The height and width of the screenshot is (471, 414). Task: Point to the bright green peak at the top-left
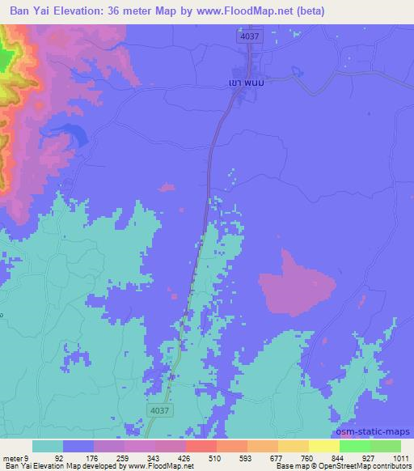(5, 57)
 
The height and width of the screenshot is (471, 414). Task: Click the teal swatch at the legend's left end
(48, 446)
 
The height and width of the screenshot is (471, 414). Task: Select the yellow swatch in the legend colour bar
(323, 446)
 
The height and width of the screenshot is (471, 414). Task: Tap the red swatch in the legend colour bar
(201, 446)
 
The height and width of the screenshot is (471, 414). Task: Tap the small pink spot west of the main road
(167, 189)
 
